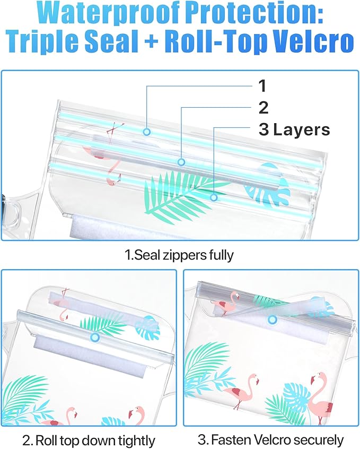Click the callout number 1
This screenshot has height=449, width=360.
tap(262, 85)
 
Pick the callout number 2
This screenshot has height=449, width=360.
tap(264, 107)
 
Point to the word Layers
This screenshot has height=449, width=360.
tap(302, 129)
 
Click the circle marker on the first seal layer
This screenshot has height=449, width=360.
tap(147, 132)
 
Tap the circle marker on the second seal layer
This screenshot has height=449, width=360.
tap(181, 162)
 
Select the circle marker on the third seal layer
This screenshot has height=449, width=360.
tap(214, 197)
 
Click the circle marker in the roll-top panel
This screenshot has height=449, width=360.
tap(95, 337)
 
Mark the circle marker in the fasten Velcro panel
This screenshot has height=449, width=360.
tap(273, 320)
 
